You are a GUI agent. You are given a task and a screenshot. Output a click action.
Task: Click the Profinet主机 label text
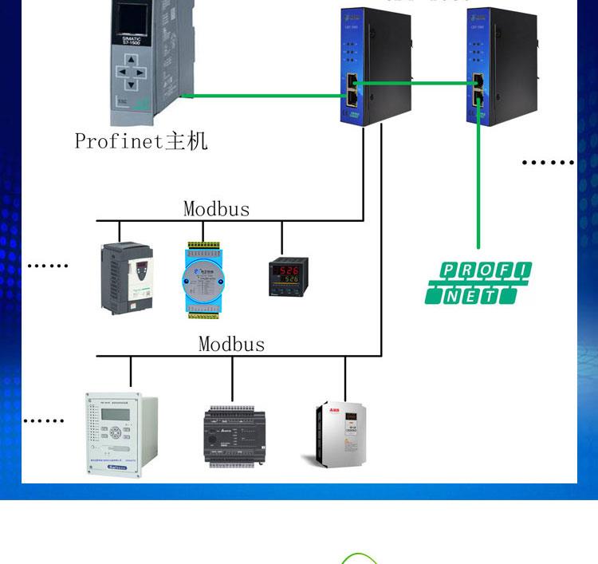tap(141, 141)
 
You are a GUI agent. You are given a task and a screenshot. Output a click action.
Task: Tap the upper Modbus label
tap(216, 209)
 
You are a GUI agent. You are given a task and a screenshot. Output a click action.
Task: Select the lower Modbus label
tap(231, 344)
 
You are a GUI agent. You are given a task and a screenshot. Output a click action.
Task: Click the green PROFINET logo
tap(478, 283)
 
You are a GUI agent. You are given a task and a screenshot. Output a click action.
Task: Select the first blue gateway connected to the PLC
tap(376, 66)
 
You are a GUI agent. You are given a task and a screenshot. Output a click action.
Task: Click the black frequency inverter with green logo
tap(125, 277)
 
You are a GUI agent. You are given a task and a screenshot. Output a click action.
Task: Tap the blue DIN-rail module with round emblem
tap(202, 278)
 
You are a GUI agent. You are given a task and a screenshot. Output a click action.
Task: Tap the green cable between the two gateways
tap(415, 81)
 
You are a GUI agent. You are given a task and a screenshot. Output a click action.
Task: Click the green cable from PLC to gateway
tap(263, 97)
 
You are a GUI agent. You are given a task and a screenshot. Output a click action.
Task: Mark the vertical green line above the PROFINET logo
tap(478, 183)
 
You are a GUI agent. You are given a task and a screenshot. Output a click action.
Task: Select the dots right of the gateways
tap(548, 163)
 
